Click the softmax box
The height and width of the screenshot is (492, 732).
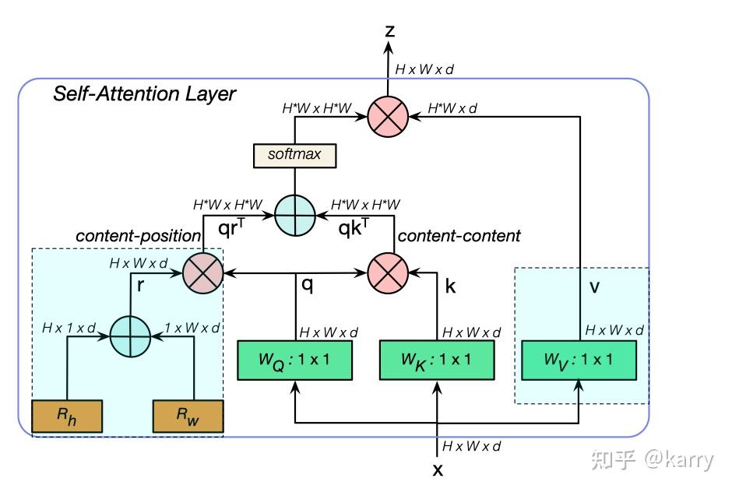pos(294,154)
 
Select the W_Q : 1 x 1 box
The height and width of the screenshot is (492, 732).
pos(296,360)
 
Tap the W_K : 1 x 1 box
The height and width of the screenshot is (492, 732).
pos(436,360)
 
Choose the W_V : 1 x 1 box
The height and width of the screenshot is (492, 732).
pos(579,360)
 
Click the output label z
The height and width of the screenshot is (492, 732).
pos(390,31)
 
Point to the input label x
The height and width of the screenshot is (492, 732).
pos(438,470)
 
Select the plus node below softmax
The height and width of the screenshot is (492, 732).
pos(295,213)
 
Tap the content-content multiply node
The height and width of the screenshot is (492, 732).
pos(388,272)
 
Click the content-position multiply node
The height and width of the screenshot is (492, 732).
pos(203,272)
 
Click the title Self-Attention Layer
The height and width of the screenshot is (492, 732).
pos(144,95)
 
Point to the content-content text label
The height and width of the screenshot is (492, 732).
pos(459,235)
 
